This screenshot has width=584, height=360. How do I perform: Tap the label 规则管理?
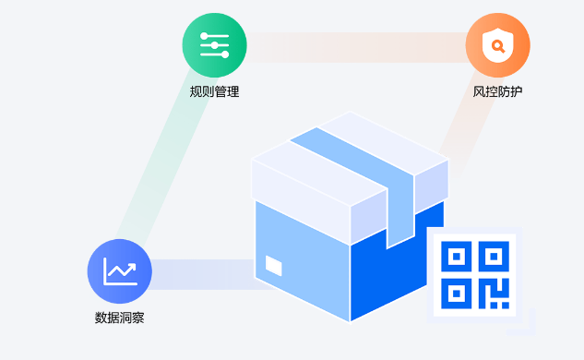[x=214, y=91]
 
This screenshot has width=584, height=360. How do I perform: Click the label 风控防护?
[x=498, y=91]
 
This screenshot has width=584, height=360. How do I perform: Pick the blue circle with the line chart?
[x=119, y=270]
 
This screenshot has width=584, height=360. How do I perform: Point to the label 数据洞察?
[x=119, y=318]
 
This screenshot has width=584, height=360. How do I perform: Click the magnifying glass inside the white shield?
[x=499, y=44]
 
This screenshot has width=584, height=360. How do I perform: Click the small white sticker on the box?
[x=274, y=265]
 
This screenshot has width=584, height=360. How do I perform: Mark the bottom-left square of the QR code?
[x=458, y=293]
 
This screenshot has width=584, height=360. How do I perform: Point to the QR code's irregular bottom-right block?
[x=494, y=294]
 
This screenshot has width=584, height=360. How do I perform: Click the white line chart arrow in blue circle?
[x=120, y=270]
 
